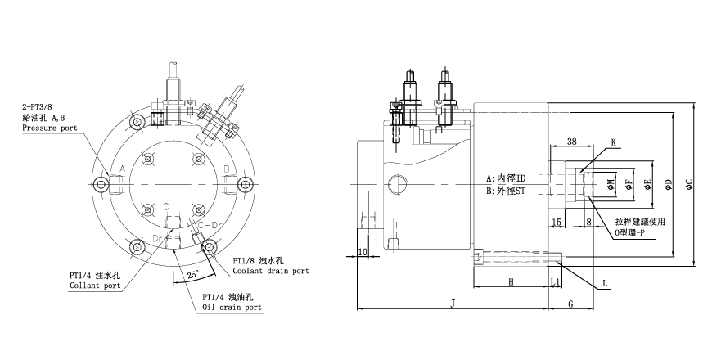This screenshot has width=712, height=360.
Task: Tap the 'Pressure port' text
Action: click(x=49, y=129)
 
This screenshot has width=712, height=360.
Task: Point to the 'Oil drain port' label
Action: click(x=232, y=308)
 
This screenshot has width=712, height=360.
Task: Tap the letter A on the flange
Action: click(x=121, y=168)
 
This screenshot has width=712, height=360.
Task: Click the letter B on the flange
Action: click(x=226, y=168)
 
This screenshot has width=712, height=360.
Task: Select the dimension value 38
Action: click(x=572, y=142)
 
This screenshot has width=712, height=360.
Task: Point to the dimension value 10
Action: click(x=364, y=253)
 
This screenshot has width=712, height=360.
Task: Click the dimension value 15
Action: click(x=556, y=222)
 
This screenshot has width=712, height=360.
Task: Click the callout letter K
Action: click(x=614, y=142)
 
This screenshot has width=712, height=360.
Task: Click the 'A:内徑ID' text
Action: click(x=506, y=178)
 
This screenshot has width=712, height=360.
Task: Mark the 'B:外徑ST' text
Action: click(x=506, y=191)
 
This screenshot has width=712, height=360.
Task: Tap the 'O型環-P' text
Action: click(x=635, y=233)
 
